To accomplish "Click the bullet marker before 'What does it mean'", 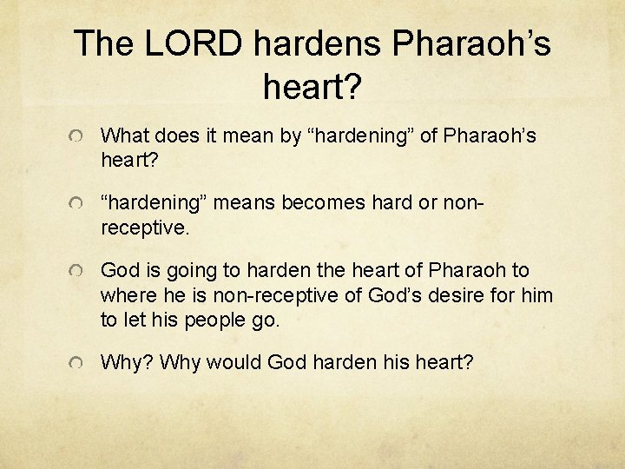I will tap(77, 137).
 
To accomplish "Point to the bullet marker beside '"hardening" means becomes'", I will tap(77, 204).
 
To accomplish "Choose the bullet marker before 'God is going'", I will tap(77, 272).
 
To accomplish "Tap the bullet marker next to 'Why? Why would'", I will tap(77, 362).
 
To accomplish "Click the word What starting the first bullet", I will tap(124, 136).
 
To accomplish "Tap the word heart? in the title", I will tap(312, 85).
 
